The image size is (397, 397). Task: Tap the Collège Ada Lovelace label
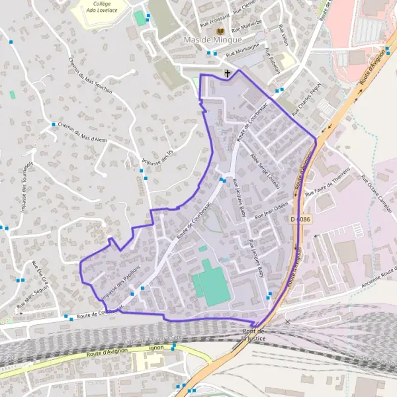coord(102,7)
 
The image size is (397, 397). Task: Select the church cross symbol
coord(228,73)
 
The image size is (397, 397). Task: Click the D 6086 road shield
coord(300,218)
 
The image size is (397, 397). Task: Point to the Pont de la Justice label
coord(253,334)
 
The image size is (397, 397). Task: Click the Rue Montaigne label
coord(242,49)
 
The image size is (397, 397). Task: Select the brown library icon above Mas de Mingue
coord(220,31)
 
